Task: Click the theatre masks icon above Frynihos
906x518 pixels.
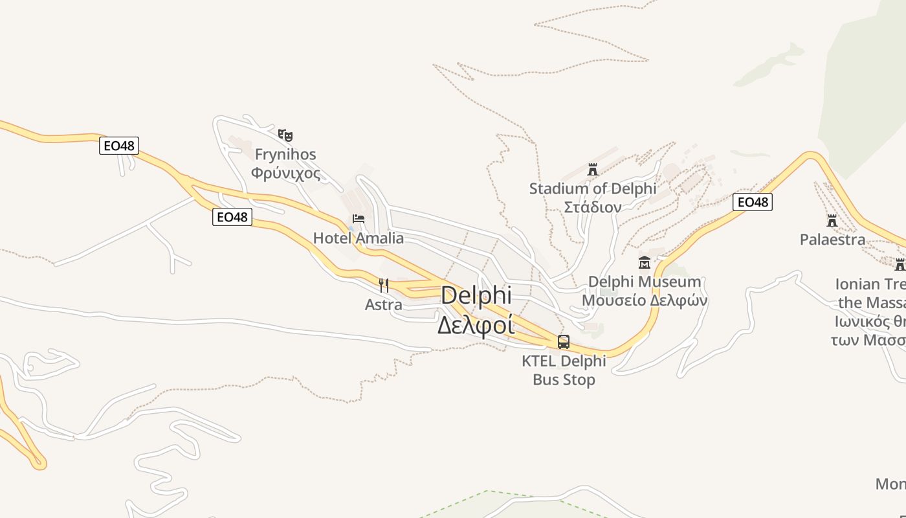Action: [285, 135]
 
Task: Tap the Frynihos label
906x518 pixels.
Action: [285, 154]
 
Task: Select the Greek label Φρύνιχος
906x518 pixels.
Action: [285, 173]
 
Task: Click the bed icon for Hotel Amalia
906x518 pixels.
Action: [359, 219]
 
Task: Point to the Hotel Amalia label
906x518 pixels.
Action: [359, 238]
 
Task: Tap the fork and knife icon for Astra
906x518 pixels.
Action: [384, 285]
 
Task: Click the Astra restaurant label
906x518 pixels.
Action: [384, 304]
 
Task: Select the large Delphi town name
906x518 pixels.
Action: [476, 295]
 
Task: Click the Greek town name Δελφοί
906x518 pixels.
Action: [476, 324]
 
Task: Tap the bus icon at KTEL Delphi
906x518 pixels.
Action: [564, 342]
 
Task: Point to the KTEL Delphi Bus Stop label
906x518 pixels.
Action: [564, 370]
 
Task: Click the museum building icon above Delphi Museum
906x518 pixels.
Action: [645, 262]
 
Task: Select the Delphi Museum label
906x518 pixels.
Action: [645, 282]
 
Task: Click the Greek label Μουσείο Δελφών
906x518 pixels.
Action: [645, 300]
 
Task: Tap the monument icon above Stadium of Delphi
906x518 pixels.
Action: [592, 170]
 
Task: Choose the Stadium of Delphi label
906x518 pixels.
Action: [592, 189]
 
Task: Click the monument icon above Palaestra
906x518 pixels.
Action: [832, 221]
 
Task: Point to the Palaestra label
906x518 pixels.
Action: [832, 240]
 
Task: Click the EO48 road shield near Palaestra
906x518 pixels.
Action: [753, 202]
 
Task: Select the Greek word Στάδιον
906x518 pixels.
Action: [592, 207]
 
